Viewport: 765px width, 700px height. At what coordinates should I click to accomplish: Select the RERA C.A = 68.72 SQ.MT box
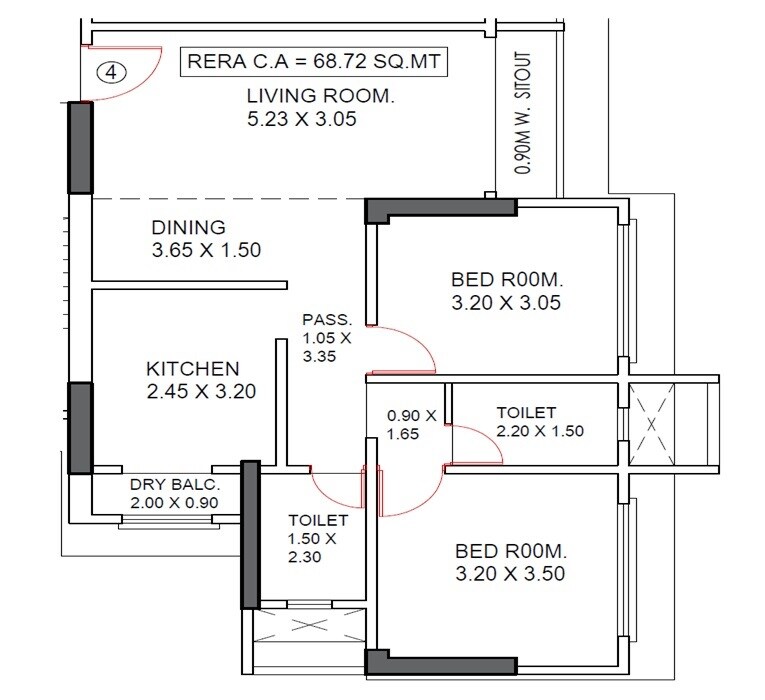tap(314, 63)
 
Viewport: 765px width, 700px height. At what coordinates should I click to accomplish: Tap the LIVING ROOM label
tap(321, 97)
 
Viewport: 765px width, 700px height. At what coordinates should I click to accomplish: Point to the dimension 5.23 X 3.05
tap(301, 120)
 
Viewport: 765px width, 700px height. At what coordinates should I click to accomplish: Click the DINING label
tap(188, 227)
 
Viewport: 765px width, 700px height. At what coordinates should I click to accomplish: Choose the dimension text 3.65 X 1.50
tap(206, 250)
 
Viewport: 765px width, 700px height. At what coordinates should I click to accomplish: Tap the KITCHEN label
tap(192, 368)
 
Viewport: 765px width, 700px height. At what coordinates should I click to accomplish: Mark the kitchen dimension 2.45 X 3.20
tap(201, 391)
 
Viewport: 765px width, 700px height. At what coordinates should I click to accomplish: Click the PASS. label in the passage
tap(327, 320)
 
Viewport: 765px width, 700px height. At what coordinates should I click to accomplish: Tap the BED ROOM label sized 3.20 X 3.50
tap(511, 551)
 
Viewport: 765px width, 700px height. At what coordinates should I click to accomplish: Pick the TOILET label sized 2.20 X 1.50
tap(526, 412)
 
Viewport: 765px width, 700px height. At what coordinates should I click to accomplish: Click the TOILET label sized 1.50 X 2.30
tap(318, 521)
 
